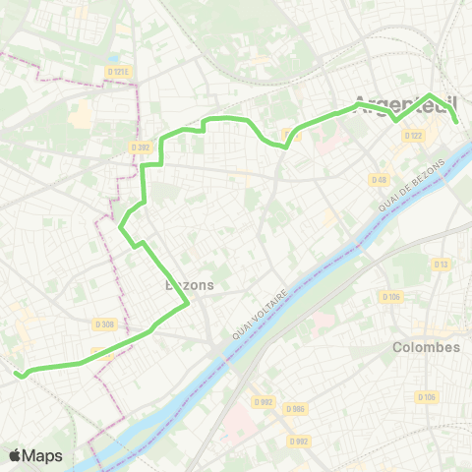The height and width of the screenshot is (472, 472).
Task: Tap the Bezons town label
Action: pyautogui.click(x=186, y=285)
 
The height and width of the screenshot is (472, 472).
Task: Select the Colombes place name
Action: pyautogui.click(x=426, y=347)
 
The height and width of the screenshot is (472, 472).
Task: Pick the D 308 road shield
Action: pyautogui.click(x=105, y=324)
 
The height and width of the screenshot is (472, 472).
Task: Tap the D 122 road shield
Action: pyautogui.click(x=414, y=136)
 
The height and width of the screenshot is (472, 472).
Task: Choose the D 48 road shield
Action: pyautogui.click(x=380, y=179)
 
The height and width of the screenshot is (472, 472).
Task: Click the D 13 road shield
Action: pyautogui.click(x=441, y=264)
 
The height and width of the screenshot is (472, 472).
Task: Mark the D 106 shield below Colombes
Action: pyautogui.click(x=425, y=397)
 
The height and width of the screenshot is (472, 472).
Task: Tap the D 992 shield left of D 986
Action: pyautogui.click(x=263, y=401)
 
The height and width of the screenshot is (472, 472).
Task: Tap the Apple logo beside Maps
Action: pyautogui.click(x=16, y=455)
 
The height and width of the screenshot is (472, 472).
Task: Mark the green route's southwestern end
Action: pyautogui.click(x=16, y=373)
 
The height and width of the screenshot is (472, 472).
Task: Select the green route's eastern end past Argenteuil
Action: pyautogui.click(x=458, y=121)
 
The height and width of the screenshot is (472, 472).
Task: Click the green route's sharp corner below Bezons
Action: pyautogui.click(x=187, y=307)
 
